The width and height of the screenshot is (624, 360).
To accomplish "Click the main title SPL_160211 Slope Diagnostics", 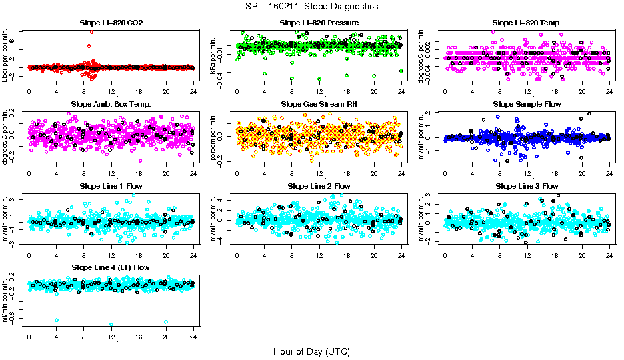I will coord(311,6).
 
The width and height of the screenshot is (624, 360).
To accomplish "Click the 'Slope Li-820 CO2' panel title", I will coord(111,23).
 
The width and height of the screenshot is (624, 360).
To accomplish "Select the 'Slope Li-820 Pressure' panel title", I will coord(319,23).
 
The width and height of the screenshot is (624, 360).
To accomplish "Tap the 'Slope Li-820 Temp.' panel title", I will coord(527,23).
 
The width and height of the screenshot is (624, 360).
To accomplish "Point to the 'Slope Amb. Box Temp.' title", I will coord(111,105).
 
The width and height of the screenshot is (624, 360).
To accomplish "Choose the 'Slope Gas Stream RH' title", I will coord(319,105).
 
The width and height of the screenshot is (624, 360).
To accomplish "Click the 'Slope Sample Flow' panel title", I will coord(527,105).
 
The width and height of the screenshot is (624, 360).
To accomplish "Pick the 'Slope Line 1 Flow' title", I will coord(111,186).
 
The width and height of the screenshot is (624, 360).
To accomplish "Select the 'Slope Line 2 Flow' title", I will coord(319,186).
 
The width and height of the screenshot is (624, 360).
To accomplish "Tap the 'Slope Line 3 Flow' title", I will coord(527,186).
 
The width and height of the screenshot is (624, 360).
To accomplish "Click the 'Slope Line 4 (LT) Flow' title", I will coord(111,267).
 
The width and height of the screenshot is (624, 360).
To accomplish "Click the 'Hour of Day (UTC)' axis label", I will coord(311,351).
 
